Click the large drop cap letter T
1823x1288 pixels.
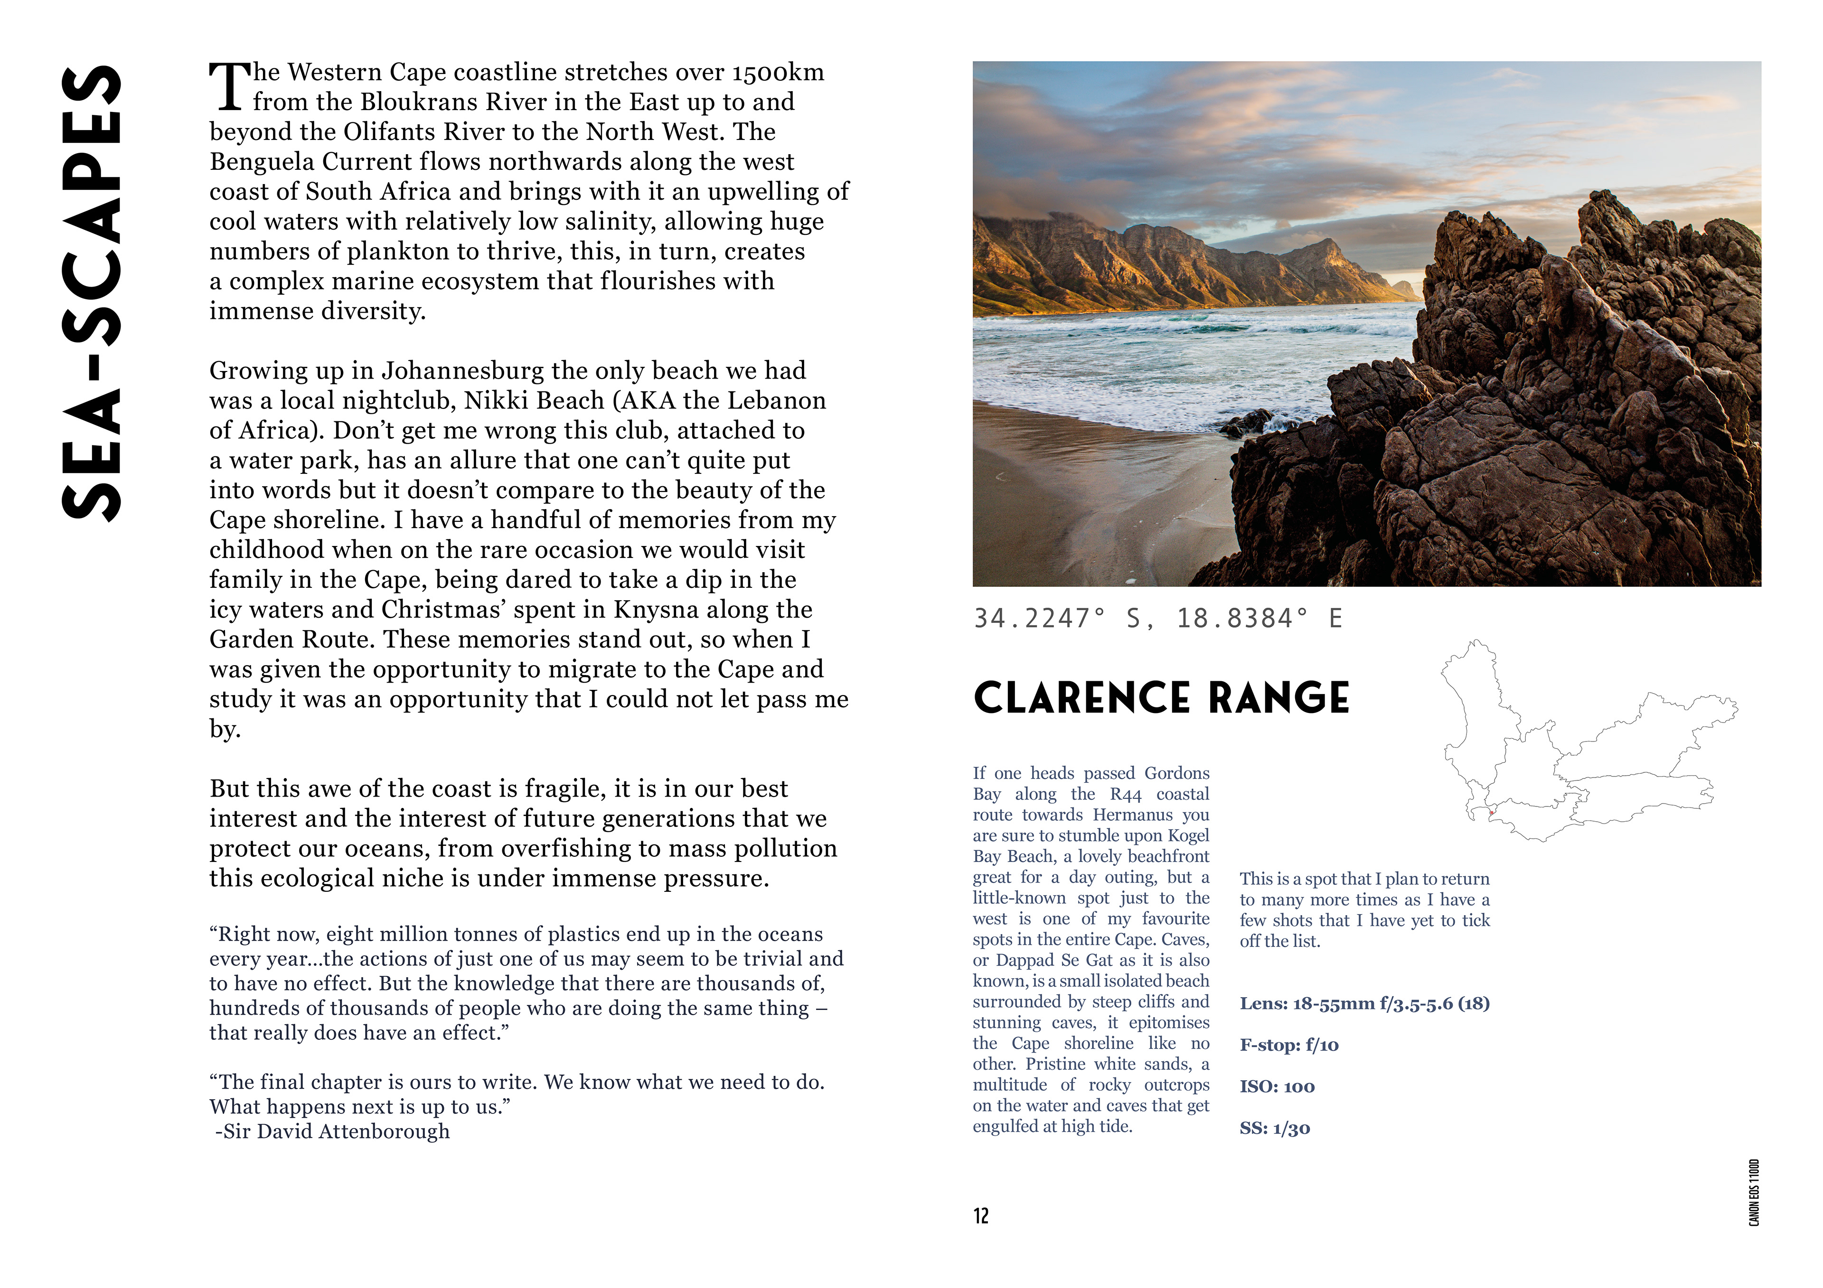(x=229, y=87)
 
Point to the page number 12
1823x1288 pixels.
(x=981, y=1216)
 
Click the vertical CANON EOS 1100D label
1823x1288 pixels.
(x=1754, y=1192)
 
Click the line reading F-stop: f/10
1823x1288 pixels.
(x=1288, y=1045)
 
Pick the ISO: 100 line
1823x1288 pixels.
(x=1277, y=1086)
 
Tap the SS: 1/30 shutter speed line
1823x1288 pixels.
(x=1274, y=1129)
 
